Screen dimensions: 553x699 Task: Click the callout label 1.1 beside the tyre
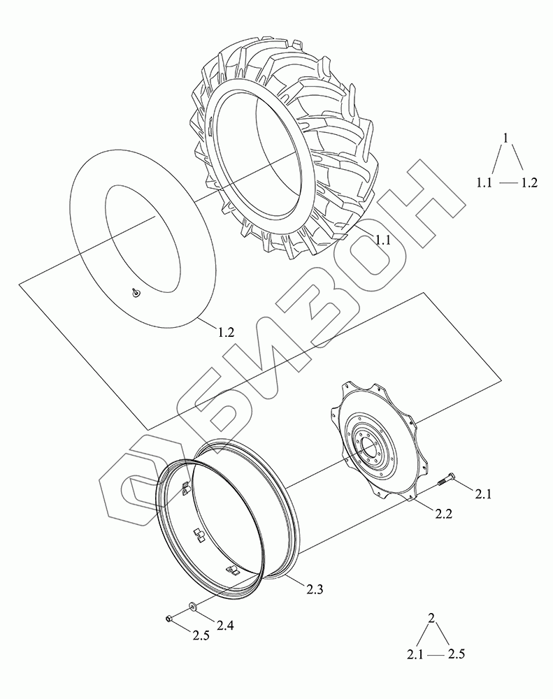(x=382, y=240)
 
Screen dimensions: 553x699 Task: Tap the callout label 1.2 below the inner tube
(x=226, y=332)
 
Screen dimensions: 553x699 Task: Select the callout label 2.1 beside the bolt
(x=483, y=494)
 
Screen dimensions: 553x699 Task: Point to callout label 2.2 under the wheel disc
(x=443, y=514)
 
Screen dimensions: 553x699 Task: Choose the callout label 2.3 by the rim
(x=315, y=589)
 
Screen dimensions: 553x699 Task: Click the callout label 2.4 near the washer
(x=225, y=626)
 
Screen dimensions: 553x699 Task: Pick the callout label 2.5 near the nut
(x=201, y=635)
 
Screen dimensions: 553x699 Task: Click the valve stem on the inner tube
(x=135, y=292)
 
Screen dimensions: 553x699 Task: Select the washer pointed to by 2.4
(x=193, y=606)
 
